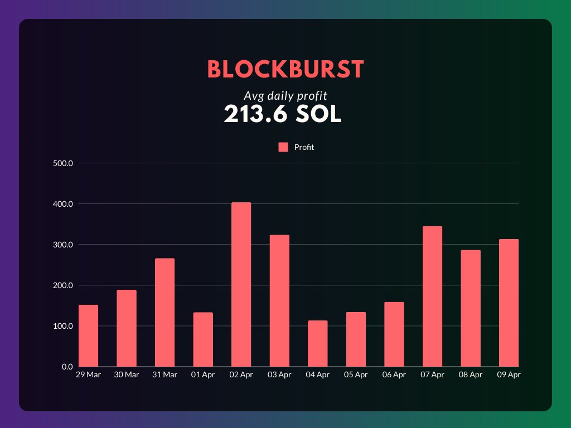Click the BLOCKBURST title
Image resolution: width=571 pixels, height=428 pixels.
285,70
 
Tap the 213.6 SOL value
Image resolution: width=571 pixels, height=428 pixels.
282,114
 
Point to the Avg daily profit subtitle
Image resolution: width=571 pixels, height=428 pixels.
285,95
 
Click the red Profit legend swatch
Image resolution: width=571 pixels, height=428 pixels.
283,147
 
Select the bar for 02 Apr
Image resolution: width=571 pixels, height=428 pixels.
241,284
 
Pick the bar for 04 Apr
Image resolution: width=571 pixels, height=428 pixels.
317,343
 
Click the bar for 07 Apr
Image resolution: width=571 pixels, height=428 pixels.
432,296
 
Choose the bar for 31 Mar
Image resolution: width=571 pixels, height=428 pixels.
164,312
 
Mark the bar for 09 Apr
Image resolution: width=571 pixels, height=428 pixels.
509,303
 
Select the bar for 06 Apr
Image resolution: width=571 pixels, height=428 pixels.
394,334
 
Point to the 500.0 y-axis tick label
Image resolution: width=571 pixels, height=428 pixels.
63,163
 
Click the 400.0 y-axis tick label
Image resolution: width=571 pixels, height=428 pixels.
63,204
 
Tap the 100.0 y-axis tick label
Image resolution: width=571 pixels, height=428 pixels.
63,326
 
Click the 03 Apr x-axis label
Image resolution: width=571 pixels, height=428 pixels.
279,375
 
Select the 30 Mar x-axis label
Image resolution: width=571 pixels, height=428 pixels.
127,375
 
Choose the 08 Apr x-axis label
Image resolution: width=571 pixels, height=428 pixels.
471,375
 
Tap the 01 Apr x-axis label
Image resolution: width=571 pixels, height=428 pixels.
203,375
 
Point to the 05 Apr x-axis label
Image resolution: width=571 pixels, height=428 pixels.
356,375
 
